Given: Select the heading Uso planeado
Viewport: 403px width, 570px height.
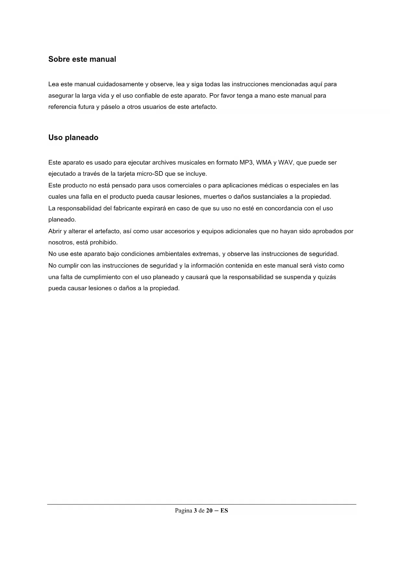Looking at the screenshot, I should coord(73,137).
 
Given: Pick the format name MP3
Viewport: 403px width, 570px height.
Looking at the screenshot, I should coord(246,162).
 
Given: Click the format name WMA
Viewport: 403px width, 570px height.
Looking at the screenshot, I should coord(264,162).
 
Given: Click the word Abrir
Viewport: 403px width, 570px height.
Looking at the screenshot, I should coord(55,231).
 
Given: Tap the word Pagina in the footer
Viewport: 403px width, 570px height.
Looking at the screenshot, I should coord(183,511).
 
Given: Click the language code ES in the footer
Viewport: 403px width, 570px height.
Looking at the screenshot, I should coord(224,511).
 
